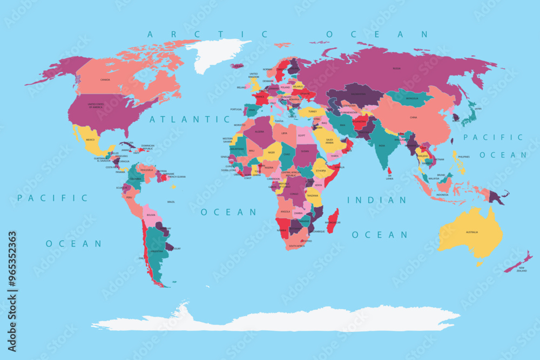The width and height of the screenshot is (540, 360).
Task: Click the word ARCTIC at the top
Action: click(x=207, y=35)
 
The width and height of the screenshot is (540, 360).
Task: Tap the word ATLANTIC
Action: click(x=182, y=119)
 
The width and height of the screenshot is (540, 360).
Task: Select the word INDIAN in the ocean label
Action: click(x=377, y=200)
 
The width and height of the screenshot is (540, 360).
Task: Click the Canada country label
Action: click(x=105, y=80)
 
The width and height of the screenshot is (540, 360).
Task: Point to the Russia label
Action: click(x=397, y=69)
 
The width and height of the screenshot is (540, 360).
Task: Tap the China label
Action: click(x=414, y=117)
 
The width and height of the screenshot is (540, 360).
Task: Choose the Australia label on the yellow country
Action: click(x=472, y=232)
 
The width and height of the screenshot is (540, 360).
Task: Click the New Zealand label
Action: click(x=522, y=269)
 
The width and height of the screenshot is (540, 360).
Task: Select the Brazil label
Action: click(x=171, y=202)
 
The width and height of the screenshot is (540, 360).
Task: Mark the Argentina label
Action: click(x=157, y=252)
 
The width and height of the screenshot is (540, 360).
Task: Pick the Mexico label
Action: click(x=90, y=140)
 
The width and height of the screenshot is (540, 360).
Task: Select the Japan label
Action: click(x=477, y=108)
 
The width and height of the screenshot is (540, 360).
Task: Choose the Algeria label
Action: click(x=259, y=131)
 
